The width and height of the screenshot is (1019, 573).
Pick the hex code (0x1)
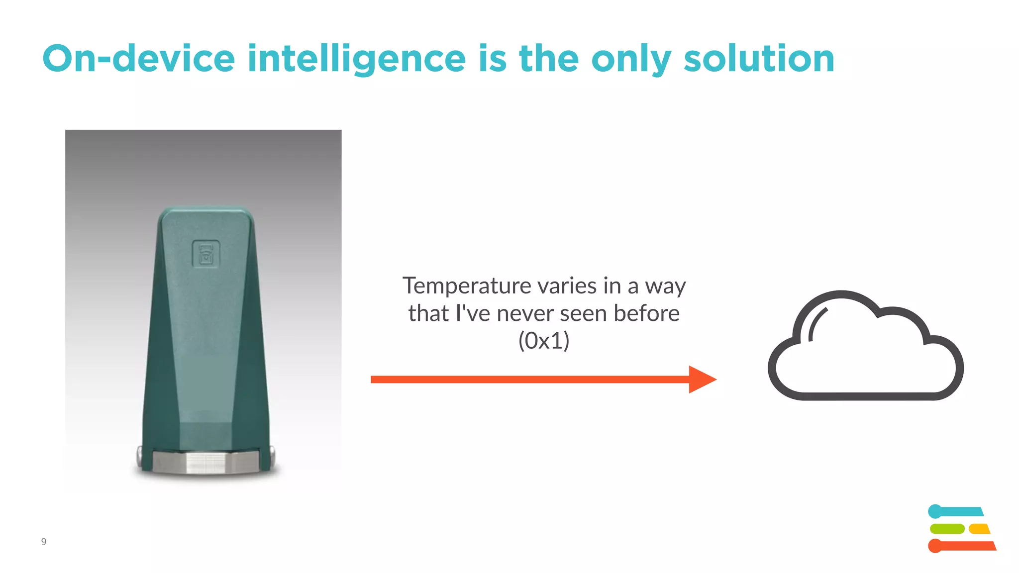[x=544, y=341]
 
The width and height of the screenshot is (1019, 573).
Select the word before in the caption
[x=646, y=313]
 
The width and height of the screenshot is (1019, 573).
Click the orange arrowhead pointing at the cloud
[x=702, y=380]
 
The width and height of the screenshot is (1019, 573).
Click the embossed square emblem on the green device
[x=206, y=254]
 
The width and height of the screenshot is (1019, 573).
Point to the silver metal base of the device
[x=205, y=462]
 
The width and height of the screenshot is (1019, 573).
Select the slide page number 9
[x=44, y=542]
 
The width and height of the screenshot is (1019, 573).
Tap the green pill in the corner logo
[x=947, y=529]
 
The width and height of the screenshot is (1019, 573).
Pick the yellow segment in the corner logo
[x=979, y=529]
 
